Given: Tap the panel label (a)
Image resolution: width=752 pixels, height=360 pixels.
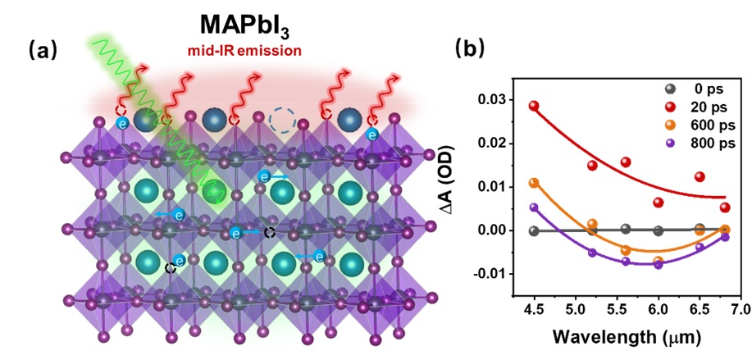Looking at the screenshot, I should coord(42,52).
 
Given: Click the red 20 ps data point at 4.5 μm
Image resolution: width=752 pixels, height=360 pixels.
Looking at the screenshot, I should coord(534,106).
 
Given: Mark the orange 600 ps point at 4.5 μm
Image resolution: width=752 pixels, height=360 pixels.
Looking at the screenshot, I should coord(534,183).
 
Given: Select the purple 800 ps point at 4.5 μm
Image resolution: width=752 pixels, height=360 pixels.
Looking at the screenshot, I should coord(534,208).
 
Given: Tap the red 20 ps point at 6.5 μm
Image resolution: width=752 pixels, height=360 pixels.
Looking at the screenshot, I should coord(700,176).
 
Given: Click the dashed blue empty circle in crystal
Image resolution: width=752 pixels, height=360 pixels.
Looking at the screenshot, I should coord(282,121).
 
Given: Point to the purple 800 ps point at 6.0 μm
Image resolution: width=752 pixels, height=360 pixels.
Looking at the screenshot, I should coord(658,264).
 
